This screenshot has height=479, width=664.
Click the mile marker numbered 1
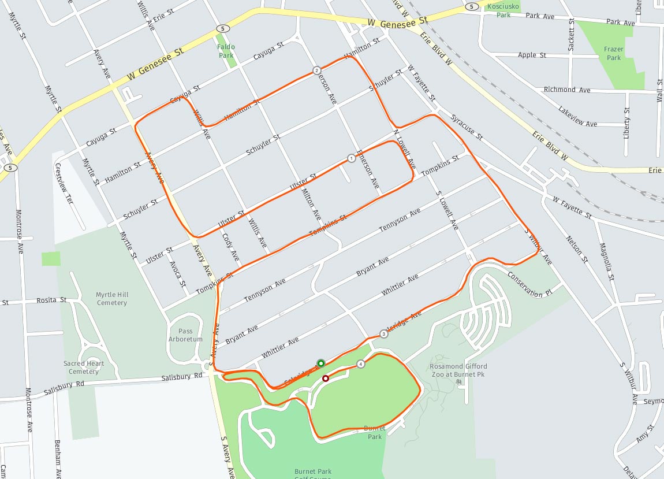click(x=351, y=158)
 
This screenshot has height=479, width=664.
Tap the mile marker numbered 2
click(x=317, y=70)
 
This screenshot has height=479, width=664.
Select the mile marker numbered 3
click(x=384, y=334)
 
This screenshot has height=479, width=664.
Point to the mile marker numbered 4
click(x=361, y=364)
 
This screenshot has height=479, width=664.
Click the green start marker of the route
click(x=320, y=363)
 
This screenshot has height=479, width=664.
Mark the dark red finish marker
click(x=326, y=378)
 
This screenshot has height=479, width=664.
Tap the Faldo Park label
click(x=226, y=51)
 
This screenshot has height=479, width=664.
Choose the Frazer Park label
click(x=613, y=53)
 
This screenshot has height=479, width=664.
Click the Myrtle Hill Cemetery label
click(x=112, y=299)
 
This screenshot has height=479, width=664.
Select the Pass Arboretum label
click(x=186, y=335)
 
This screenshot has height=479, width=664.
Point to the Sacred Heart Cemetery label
click(x=84, y=367)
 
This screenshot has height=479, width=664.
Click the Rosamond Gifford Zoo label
click(x=458, y=370)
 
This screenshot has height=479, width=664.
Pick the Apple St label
click(x=532, y=55)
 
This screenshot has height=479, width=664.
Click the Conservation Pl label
click(x=530, y=284)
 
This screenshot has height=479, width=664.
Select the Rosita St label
click(x=52, y=301)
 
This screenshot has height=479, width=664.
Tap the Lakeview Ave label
click(x=577, y=116)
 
